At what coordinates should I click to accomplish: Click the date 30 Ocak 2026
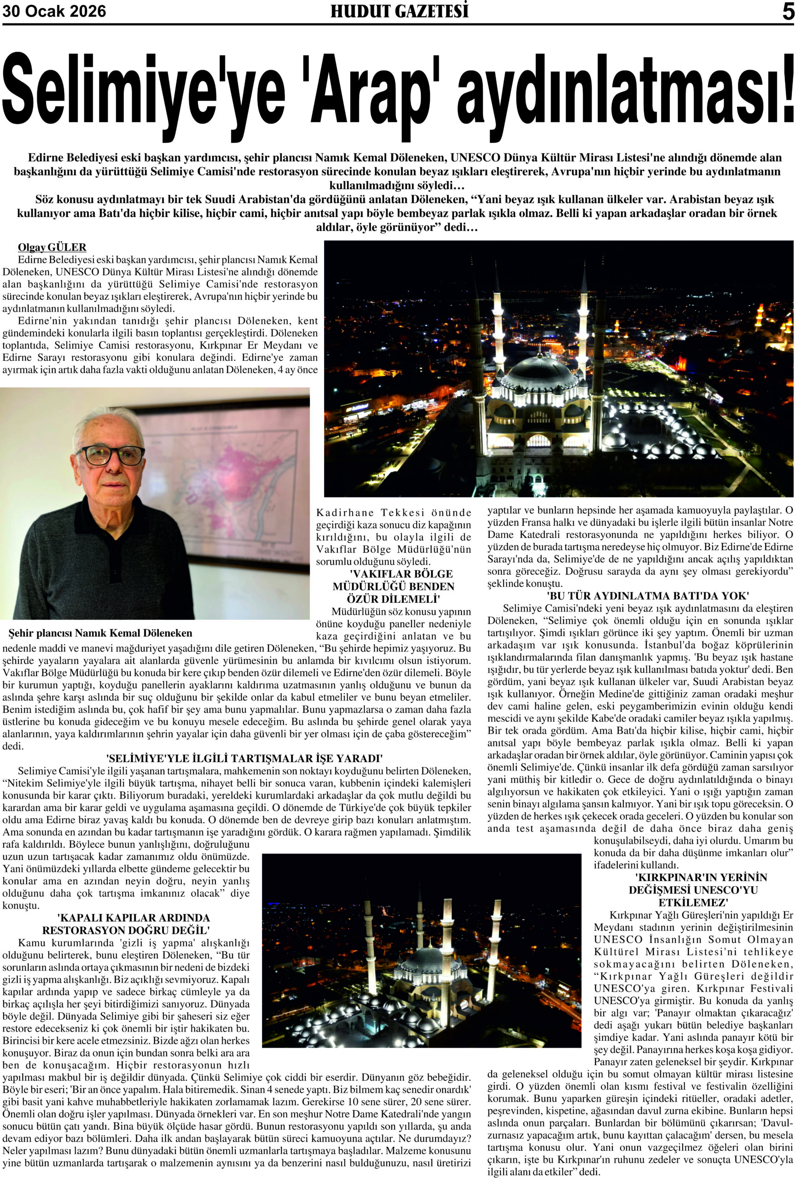tap(54, 11)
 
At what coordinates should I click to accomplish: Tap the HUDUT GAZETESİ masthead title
tap(399, 11)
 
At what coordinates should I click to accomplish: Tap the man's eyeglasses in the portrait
tap(110, 455)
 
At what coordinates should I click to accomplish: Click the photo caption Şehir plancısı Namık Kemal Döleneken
tap(100, 633)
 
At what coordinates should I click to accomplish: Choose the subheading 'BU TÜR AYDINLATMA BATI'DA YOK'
tap(640, 595)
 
